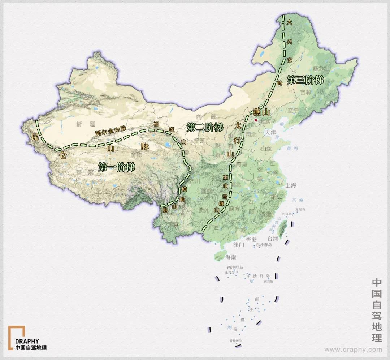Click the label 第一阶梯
116,167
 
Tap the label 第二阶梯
205,127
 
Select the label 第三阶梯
305,80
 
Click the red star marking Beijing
256,120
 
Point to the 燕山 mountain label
261,111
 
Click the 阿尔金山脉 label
111,131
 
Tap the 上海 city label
290,185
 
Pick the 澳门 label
239,245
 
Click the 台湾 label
273,239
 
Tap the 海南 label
230,258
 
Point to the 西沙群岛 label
234,267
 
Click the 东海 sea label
298,200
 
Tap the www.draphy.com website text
353,350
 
